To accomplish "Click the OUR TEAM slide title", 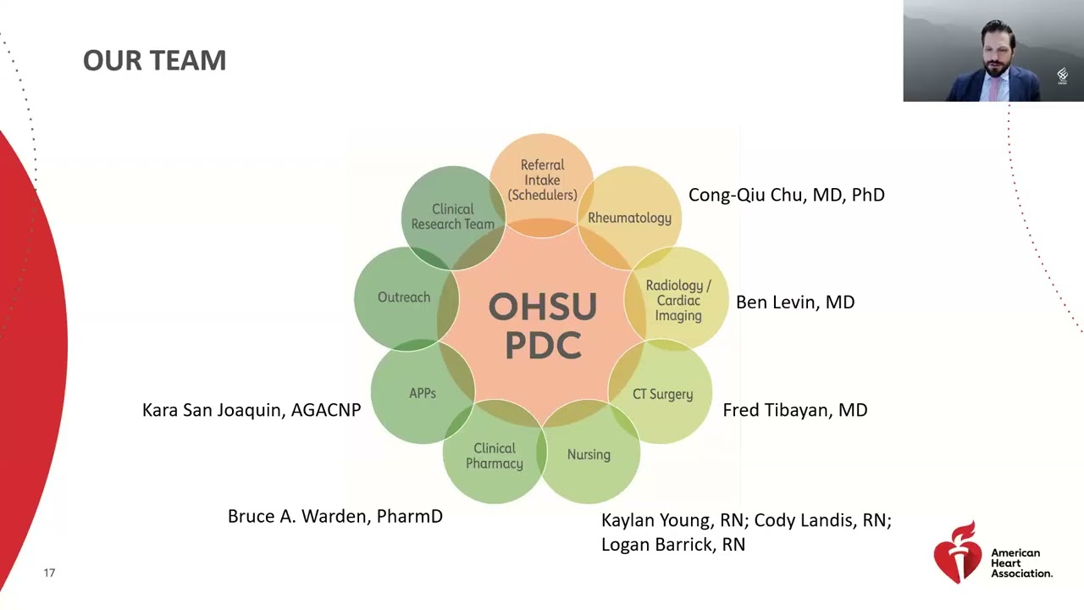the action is click(154, 60).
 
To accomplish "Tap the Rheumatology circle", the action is click(629, 218).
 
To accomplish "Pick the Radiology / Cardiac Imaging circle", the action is click(677, 299).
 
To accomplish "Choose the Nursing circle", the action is click(589, 452).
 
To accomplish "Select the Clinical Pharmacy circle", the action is click(495, 452).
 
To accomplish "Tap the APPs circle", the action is click(423, 391).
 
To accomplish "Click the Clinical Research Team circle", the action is click(453, 218).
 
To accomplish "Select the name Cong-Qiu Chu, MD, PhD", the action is click(787, 195).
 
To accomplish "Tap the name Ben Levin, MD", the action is click(795, 302).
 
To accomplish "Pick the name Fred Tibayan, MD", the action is click(794, 410).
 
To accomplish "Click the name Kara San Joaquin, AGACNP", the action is click(252, 410).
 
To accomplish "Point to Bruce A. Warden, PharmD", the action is click(335, 516).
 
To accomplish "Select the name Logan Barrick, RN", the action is click(673, 544).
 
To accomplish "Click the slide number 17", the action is click(49, 573).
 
